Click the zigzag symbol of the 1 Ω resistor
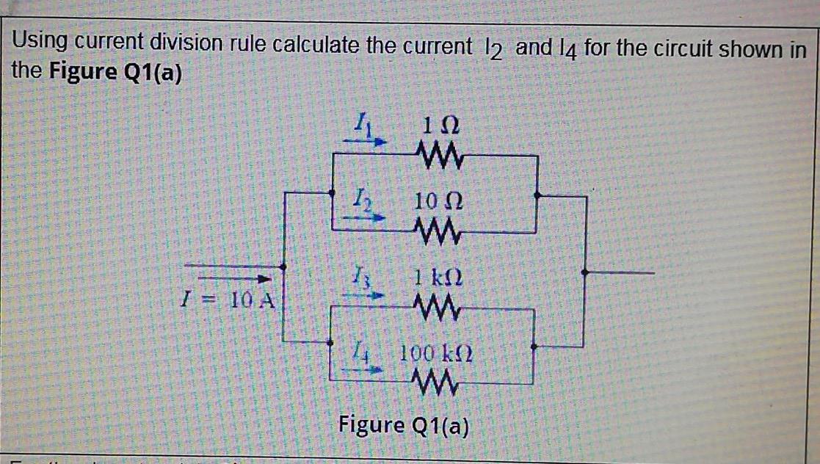pyautogui.click(x=439, y=155)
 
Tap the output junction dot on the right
pyautogui.click(x=585, y=272)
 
